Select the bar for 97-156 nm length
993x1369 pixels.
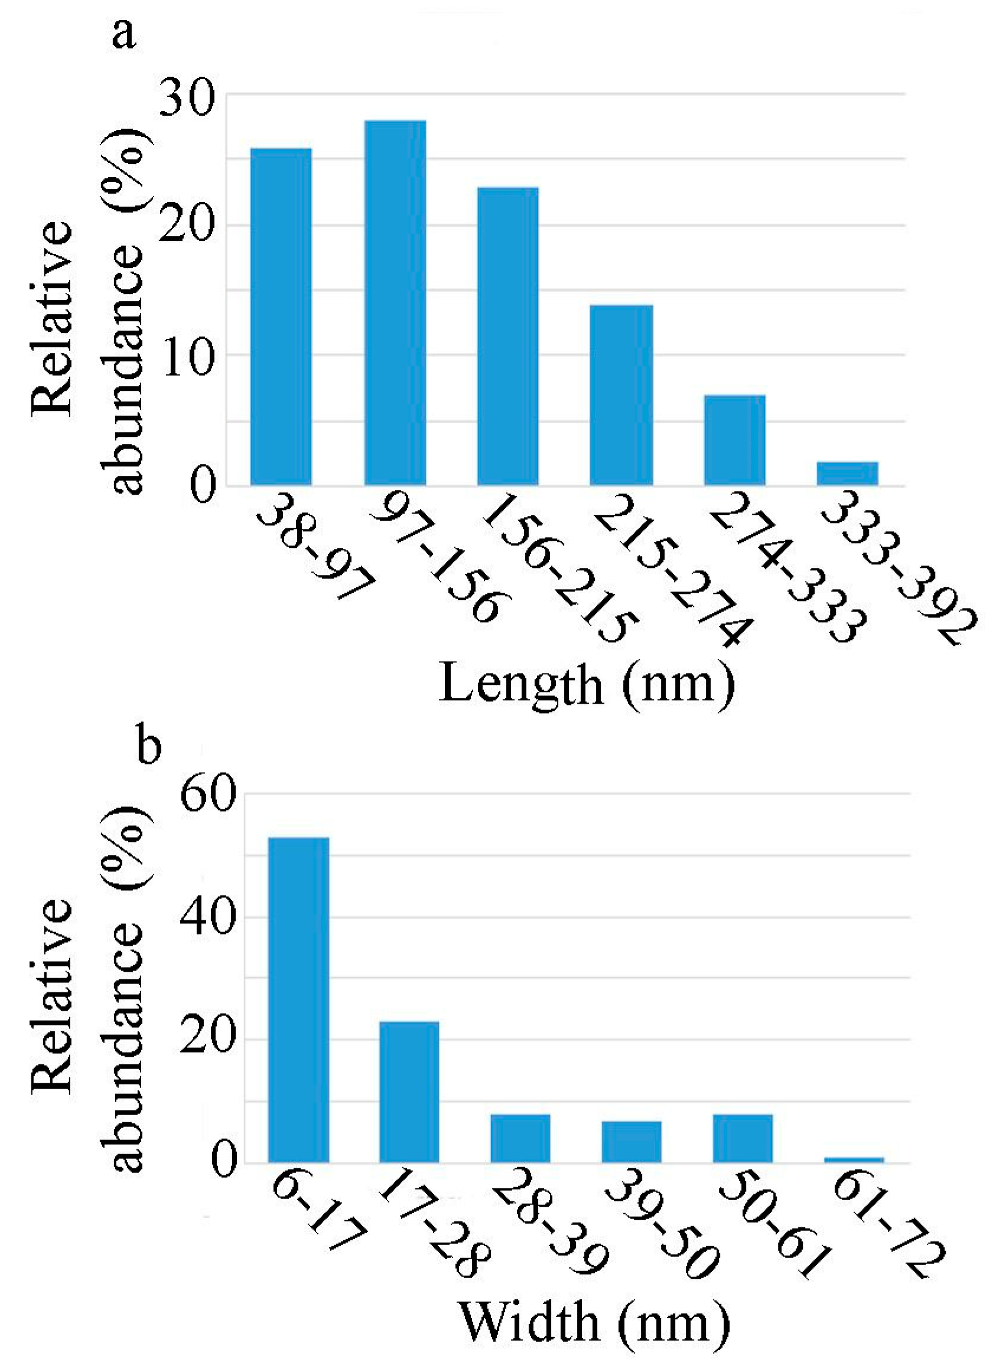395,303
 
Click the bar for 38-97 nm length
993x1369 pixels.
281,317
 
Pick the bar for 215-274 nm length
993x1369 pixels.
621,396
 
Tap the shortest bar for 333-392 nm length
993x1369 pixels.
848,474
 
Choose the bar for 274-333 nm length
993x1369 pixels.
735,440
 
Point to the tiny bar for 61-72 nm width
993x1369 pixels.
854,1159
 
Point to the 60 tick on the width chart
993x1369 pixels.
207,795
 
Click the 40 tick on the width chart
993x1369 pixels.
207,918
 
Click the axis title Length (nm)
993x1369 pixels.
586,684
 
